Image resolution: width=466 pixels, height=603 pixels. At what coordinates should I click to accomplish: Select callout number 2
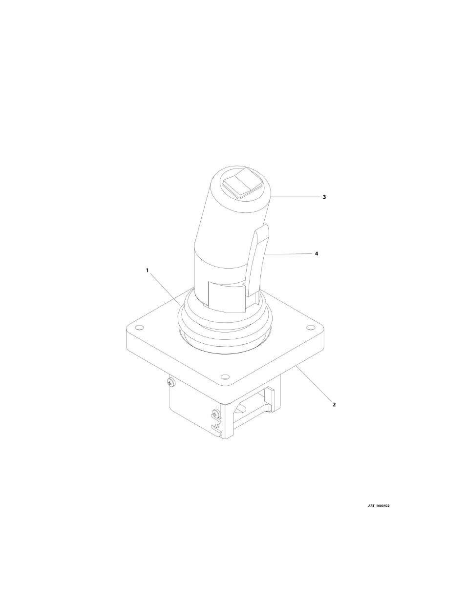[x=334, y=404]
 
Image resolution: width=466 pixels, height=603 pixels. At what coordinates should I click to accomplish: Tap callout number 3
[x=324, y=197]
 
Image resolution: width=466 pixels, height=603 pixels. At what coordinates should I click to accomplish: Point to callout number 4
[x=317, y=254]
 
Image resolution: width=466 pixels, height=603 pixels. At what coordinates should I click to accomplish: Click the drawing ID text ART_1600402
[x=379, y=506]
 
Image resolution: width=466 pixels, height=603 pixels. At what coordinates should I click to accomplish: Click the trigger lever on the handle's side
[x=258, y=259]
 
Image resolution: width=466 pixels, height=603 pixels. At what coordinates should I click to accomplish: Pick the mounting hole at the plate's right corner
[x=309, y=328]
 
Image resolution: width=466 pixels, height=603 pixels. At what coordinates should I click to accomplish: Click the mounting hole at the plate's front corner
[x=224, y=377]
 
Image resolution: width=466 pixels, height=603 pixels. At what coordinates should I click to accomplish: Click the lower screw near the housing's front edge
[x=215, y=415]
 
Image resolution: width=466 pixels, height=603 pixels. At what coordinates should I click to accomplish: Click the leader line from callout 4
[x=288, y=254]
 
